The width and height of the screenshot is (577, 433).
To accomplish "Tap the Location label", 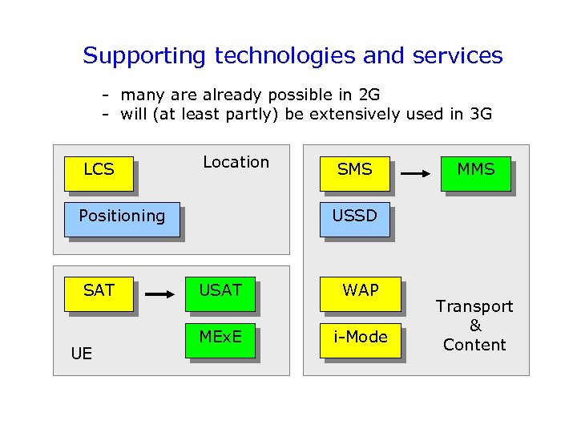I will click(236, 162).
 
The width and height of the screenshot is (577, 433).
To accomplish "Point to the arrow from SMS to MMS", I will click(415, 172).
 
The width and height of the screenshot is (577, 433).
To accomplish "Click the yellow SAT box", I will click(99, 293).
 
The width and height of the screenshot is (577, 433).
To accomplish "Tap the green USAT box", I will click(220, 293).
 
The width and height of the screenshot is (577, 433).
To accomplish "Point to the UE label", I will click(82, 353).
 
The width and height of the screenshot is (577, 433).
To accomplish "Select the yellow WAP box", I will click(361, 293).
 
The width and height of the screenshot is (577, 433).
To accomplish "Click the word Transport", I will click(474, 306).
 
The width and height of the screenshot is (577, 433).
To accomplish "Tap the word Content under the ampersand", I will click(474, 345).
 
